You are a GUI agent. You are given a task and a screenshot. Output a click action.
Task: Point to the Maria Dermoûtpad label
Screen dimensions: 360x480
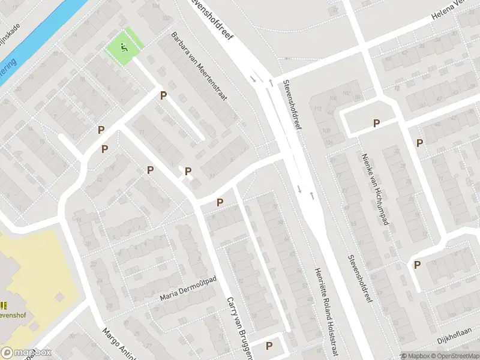[188, 289]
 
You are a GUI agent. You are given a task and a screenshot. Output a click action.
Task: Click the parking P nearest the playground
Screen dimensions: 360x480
[163, 95]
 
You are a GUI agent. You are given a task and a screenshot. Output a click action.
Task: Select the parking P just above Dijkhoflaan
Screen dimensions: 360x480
[416, 265]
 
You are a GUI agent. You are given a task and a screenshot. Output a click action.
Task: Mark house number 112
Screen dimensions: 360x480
[318, 109]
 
